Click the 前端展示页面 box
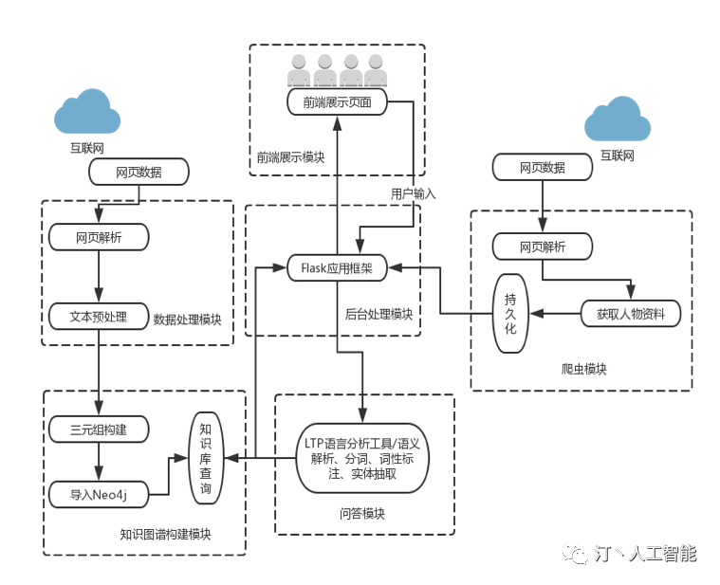tap(337, 101)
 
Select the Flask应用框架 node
tap(337, 268)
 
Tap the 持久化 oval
tap(510, 314)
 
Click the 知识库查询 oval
tap(206, 458)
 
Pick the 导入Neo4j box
tap(99, 495)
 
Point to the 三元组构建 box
tap(99, 430)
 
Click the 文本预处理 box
tap(99, 317)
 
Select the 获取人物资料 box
tap(631, 314)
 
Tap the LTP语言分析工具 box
tap(362, 458)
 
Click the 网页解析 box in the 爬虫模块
tap(543, 247)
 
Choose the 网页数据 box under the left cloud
tap(138, 172)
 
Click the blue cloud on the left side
tap(87, 112)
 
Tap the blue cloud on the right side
tap(618, 119)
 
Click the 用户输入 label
tap(414, 194)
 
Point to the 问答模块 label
tap(362, 514)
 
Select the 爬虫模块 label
tap(583, 370)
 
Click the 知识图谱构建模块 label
tap(165, 535)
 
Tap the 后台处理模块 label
tap(378, 314)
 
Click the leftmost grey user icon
tap(299, 70)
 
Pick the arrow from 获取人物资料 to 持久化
tap(555, 314)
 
